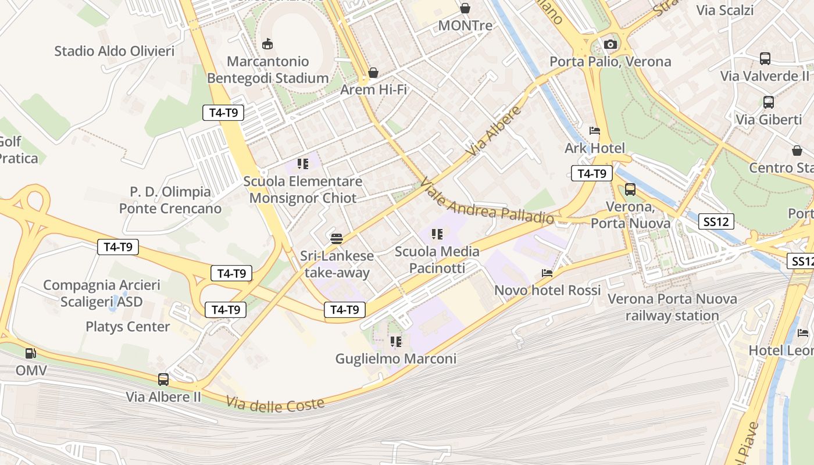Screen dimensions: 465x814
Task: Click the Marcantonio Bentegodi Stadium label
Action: (x=268, y=70)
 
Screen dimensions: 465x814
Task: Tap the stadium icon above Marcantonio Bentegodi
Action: (x=267, y=44)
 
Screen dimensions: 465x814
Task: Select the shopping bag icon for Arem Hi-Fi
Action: (x=373, y=73)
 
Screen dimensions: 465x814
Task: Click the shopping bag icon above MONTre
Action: (x=465, y=8)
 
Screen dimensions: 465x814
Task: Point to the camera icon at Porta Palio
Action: (x=610, y=44)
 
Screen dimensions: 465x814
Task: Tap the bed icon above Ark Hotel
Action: (x=595, y=131)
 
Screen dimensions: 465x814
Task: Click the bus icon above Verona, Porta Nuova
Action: (x=630, y=189)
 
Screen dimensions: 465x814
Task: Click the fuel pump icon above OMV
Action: (x=31, y=353)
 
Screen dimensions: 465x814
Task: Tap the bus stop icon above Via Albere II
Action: (x=163, y=380)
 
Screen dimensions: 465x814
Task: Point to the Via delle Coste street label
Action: (x=275, y=403)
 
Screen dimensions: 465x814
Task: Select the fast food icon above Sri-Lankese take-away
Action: (x=337, y=238)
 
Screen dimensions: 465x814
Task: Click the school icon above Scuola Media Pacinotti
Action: (x=437, y=234)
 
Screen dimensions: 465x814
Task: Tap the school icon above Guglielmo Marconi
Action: (x=396, y=341)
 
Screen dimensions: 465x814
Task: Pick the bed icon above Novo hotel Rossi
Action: (x=547, y=273)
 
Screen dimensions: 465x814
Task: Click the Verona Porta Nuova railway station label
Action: (x=672, y=307)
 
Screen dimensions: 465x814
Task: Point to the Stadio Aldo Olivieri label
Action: (x=115, y=51)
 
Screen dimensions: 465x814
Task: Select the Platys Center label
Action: (x=128, y=327)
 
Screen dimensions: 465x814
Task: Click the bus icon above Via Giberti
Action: (x=769, y=102)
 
